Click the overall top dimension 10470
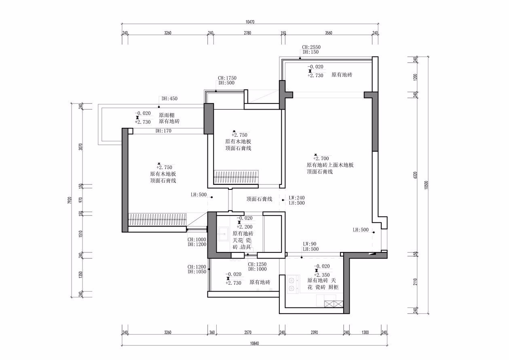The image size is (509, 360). [x=250, y=22]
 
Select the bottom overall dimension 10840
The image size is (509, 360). [x=255, y=343]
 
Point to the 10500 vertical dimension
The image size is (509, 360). [x=426, y=185]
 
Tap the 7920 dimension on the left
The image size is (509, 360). [x=70, y=200]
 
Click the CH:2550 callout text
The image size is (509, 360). [x=311, y=47]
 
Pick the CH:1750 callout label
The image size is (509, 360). [x=227, y=78]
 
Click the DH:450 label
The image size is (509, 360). [x=169, y=98]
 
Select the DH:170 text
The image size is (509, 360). [x=163, y=131]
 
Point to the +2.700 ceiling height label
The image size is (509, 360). [x=321, y=158]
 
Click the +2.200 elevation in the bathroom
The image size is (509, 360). [x=245, y=227]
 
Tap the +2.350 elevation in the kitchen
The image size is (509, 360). [x=322, y=275]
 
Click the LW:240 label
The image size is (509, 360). [x=296, y=198]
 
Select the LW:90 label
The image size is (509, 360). [x=310, y=244]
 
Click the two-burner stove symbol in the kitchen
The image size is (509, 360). [x=291, y=284]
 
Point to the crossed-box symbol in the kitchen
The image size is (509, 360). [x=334, y=304]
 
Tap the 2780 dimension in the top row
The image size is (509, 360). [x=247, y=33]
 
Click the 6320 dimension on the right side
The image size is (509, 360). [x=415, y=175]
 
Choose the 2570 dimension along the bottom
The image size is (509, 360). [x=248, y=332]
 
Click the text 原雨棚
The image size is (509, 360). [x=167, y=115]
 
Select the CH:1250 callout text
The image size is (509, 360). [x=257, y=264]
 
